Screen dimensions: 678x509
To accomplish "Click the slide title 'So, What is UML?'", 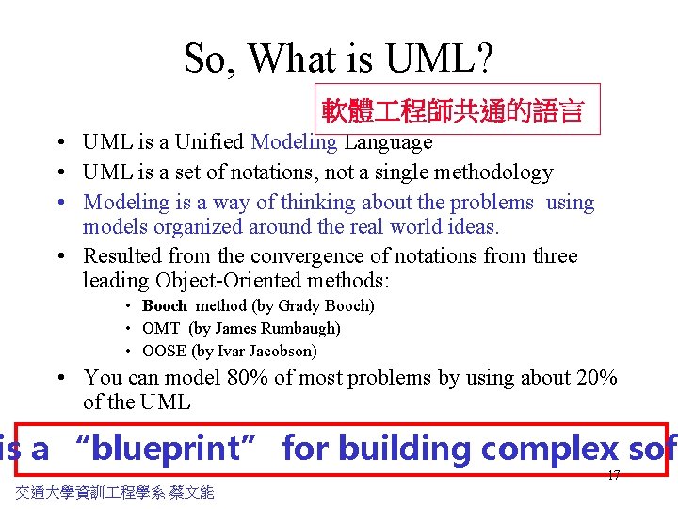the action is (338, 58).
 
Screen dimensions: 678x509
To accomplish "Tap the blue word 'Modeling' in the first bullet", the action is (294, 142).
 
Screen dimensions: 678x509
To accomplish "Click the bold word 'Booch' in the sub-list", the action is (165, 306).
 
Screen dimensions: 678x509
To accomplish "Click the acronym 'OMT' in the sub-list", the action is (161, 329).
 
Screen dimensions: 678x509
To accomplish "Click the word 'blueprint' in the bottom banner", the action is (165, 449).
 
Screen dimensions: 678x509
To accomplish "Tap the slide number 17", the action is (613, 475).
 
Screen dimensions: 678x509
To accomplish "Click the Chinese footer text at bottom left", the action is (115, 492).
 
